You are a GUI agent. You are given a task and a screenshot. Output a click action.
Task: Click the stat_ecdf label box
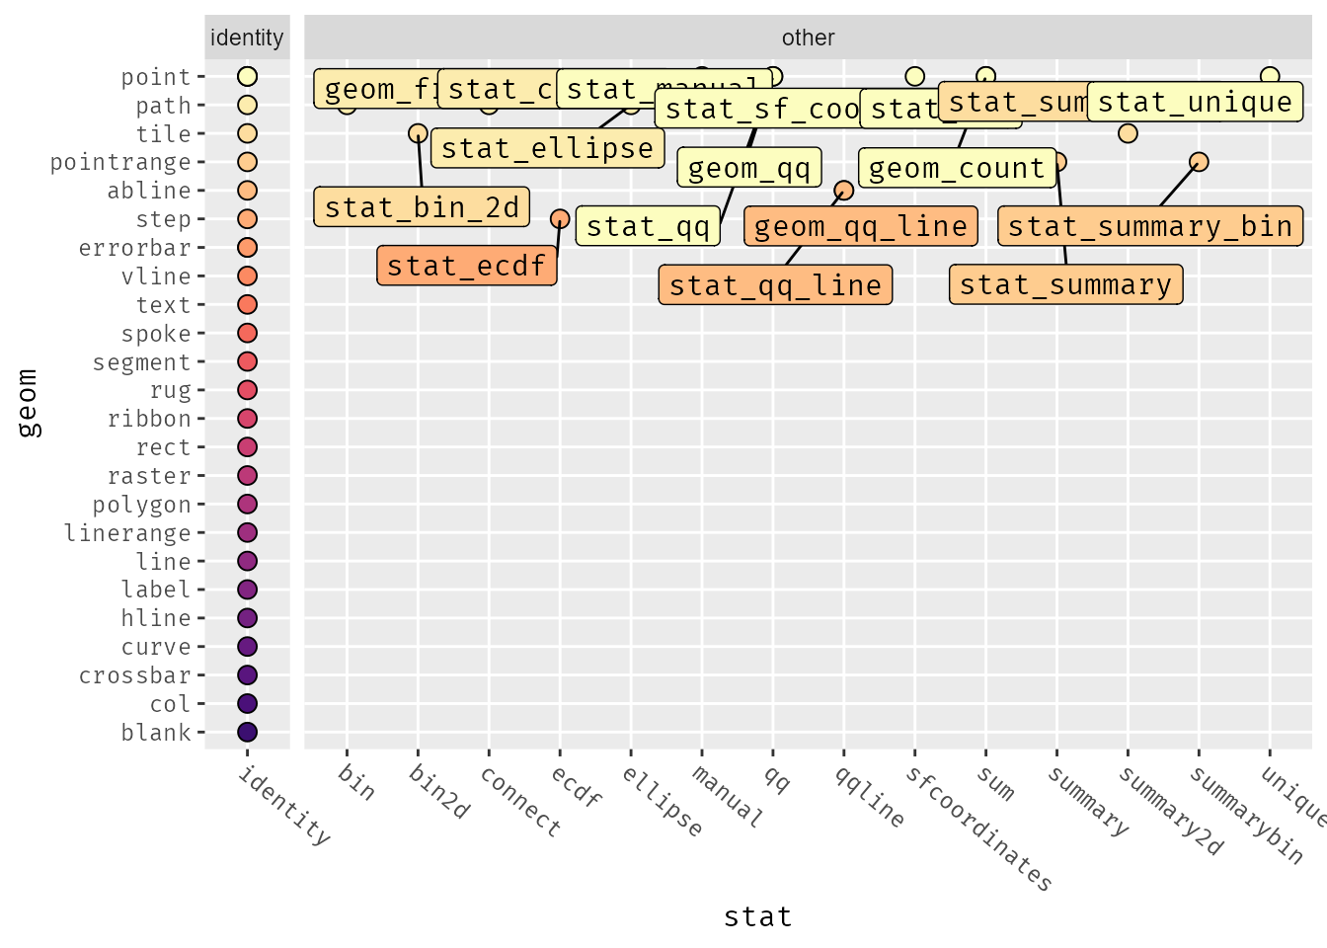pos(467,266)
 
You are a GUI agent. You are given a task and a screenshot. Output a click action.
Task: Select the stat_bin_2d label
pos(422,207)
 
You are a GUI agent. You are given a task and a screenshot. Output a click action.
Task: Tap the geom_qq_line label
pos(860,226)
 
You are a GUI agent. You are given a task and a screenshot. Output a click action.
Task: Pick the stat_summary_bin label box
pos(1150,226)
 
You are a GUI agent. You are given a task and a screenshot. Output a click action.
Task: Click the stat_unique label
pos(1195,102)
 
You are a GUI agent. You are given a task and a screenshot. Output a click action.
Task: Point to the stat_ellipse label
pos(547,148)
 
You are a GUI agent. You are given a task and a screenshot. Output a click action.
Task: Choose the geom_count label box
pos(956,168)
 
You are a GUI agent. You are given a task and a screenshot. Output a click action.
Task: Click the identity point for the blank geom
pos(247,732)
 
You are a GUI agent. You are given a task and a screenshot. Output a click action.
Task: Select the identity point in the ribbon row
pos(247,419)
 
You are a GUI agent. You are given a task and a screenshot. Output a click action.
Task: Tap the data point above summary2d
pos(1128,133)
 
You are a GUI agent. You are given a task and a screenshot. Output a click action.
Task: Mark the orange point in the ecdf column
pos(560,218)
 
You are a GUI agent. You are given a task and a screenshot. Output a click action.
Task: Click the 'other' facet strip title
pos(808,38)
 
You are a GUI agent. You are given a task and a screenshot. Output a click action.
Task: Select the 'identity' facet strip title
pos(247,38)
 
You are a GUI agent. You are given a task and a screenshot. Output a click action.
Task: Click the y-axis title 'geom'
pos(28,403)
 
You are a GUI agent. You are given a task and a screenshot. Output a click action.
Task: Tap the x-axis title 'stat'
pos(757,917)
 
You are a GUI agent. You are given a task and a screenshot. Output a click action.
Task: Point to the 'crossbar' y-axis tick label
pos(135,675)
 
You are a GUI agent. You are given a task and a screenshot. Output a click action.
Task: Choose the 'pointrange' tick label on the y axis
pos(120,162)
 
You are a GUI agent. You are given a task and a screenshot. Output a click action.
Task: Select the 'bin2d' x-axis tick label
pos(439,792)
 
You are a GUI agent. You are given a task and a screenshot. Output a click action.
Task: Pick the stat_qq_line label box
pos(775,285)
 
